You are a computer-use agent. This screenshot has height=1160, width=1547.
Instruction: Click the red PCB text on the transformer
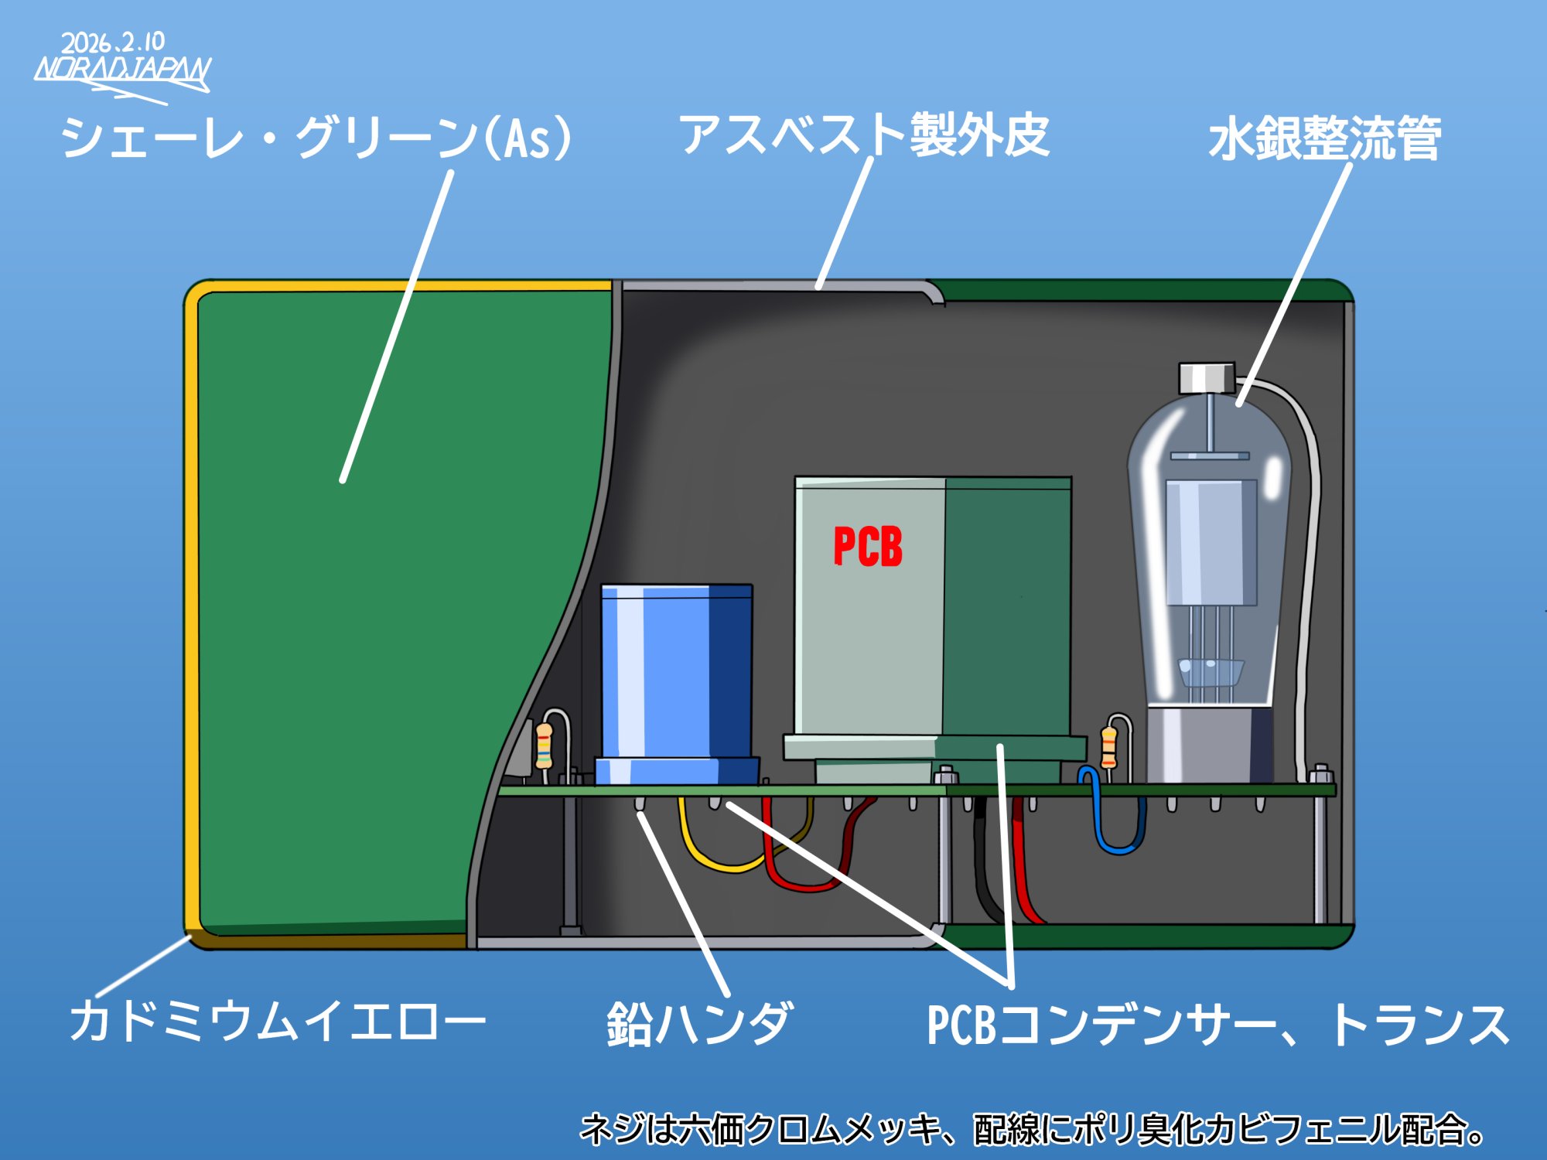click(868, 547)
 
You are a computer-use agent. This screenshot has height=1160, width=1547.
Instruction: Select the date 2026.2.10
click(113, 42)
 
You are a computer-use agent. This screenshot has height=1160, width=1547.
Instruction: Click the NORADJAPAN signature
click(122, 70)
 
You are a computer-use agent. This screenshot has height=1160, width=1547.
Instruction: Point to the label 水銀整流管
click(1324, 139)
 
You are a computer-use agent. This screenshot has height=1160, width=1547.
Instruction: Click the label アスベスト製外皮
click(863, 135)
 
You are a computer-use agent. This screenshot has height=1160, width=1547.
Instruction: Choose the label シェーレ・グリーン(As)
click(317, 138)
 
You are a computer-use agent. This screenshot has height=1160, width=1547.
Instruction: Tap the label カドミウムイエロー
click(277, 1021)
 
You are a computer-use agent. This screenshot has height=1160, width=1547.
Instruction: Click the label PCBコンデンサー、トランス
click(1217, 1025)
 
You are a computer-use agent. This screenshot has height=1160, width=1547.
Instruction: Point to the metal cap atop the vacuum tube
click(1207, 377)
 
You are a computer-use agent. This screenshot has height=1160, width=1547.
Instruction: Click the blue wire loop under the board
click(1117, 835)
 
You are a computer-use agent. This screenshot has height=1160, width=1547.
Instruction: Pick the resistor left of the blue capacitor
click(545, 745)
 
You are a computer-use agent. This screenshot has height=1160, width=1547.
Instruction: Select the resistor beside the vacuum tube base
click(1109, 747)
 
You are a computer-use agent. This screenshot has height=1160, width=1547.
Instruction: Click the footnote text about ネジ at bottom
click(1032, 1129)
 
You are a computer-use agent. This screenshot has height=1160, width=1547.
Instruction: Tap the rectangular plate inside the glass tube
click(1211, 541)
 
